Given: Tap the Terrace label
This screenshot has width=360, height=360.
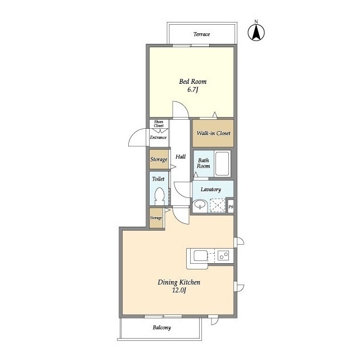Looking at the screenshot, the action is click(x=201, y=34).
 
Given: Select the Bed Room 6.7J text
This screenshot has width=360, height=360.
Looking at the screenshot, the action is click(x=192, y=85).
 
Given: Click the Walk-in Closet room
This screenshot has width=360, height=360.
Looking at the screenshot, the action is click(x=213, y=133).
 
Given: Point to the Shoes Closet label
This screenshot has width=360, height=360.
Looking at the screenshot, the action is click(x=159, y=124).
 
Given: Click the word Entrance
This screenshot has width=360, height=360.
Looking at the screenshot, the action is click(x=158, y=137).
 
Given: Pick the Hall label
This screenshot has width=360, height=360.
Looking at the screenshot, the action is click(x=181, y=157).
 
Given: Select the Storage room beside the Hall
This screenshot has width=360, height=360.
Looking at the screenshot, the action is click(x=159, y=159).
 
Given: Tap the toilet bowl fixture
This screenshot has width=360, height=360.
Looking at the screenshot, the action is click(x=159, y=196).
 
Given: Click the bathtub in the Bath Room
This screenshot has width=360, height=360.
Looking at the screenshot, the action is click(x=222, y=164).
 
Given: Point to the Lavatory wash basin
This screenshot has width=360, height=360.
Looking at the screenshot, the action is click(x=200, y=204).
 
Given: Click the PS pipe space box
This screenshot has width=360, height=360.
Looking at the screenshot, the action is click(x=231, y=206).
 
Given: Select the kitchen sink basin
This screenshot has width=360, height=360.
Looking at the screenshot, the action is click(x=201, y=256).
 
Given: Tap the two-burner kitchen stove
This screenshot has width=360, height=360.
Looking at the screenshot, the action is click(x=223, y=255).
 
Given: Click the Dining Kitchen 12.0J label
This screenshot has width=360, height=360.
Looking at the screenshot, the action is click(x=179, y=286).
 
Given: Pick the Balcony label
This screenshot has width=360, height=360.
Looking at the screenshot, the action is click(x=162, y=327).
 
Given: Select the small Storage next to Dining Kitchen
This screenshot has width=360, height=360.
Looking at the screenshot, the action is click(x=156, y=218).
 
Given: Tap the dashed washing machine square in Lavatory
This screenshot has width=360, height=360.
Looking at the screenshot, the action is click(x=218, y=205).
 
